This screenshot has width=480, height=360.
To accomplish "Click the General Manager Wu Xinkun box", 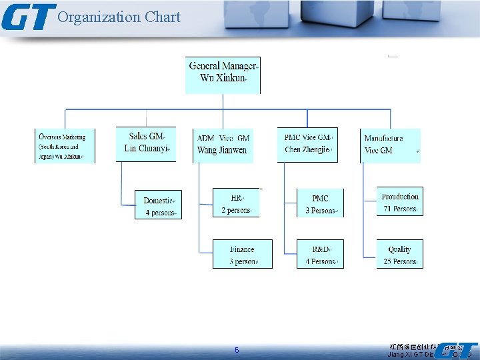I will tap(223, 75).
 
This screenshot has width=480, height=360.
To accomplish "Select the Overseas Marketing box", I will tap(65, 146).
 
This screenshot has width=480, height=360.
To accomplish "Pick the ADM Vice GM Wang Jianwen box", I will tap(223, 145).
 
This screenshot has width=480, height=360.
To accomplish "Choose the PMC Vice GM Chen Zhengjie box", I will tap(307, 144).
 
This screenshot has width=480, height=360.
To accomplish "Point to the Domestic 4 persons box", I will tap(158, 205).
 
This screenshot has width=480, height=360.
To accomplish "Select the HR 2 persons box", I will tap(235, 203).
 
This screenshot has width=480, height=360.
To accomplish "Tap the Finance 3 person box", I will tap(243, 254).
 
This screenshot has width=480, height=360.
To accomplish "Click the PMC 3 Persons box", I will tap(321, 203).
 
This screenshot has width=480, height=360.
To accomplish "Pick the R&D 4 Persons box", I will tap(321, 254).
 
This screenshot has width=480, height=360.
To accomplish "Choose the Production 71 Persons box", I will tap(400, 201).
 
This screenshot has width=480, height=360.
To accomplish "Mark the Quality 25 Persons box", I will tap(400, 254).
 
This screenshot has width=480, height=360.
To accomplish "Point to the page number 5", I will tap(236, 351).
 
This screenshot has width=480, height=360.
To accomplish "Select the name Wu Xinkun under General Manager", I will tap(223, 78).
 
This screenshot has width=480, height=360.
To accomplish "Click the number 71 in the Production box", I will tap(388, 209).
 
